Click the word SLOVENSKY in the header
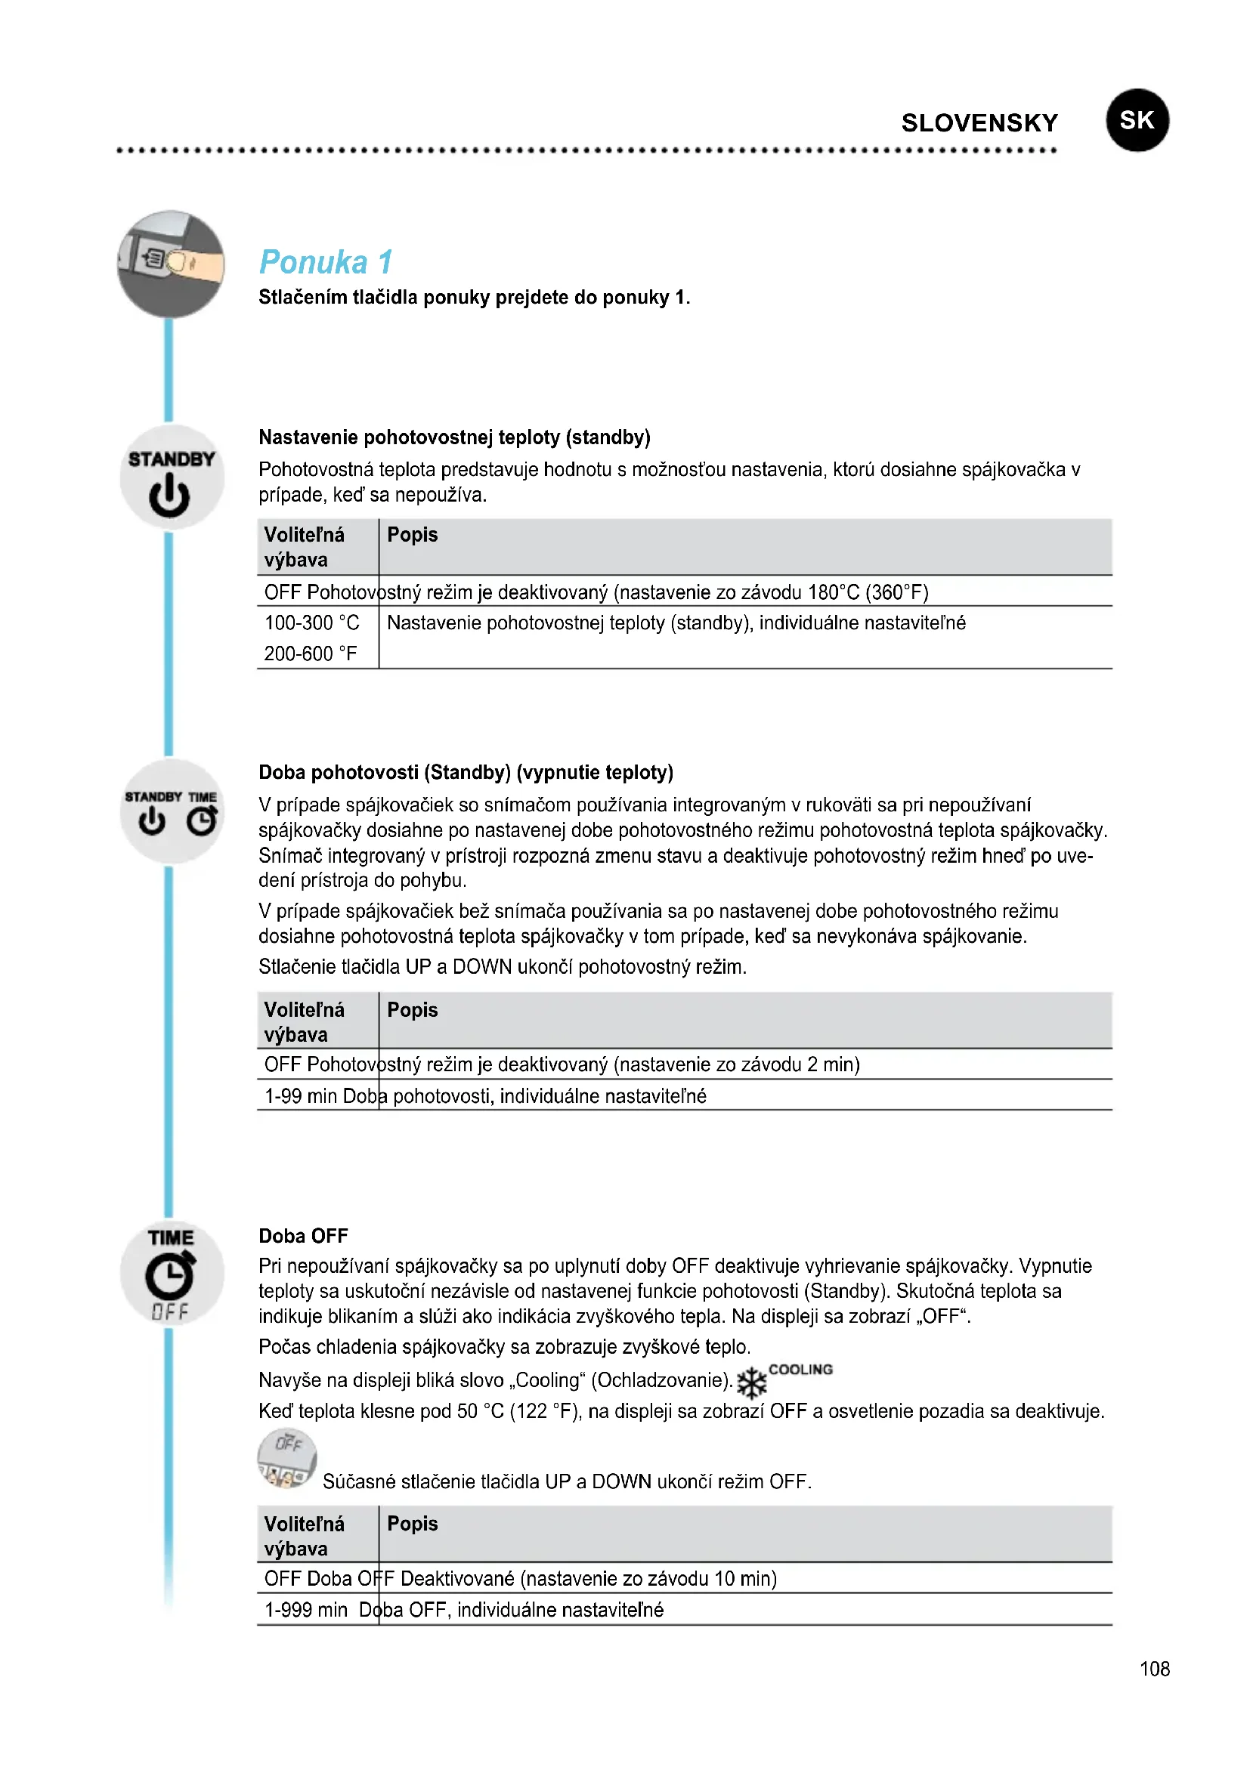pos(979,123)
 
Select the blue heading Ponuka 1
pos(326,261)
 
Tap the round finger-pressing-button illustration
pos(171,264)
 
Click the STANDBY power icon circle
pos(171,477)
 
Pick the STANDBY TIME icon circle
pos(171,811)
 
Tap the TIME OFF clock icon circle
pos(171,1273)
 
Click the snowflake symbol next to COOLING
pos(751,1383)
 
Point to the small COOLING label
pos(800,1369)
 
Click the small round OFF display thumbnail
pos(286,1457)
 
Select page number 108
pos(1154,1669)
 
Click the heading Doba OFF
pos(303,1236)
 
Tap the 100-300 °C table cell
pos(311,622)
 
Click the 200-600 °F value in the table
pos(310,653)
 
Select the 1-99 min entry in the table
pos(301,1095)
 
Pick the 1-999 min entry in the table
pos(305,1609)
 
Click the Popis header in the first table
pos(412,535)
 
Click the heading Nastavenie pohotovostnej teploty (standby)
pos(454,437)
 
